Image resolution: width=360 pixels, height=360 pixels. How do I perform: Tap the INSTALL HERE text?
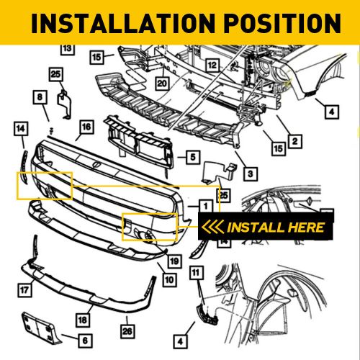tap(276, 228)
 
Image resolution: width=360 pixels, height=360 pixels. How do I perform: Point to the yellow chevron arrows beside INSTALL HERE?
tap(214, 228)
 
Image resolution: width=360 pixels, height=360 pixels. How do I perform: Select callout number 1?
tap(205, 206)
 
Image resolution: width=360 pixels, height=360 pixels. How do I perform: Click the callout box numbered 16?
tap(86, 127)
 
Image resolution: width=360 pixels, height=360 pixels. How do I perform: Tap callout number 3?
tap(248, 174)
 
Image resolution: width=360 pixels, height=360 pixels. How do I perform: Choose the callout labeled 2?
tap(293, 142)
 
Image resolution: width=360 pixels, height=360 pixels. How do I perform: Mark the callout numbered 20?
tap(162, 83)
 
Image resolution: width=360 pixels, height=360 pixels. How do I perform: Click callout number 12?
tap(212, 66)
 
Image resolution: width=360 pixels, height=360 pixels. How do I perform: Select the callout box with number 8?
tap(40, 96)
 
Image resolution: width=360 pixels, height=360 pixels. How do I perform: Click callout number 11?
tap(196, 272)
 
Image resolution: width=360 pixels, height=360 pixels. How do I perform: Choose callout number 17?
tap(24, 292)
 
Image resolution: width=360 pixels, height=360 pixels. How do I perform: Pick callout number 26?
tap(128, 330)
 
